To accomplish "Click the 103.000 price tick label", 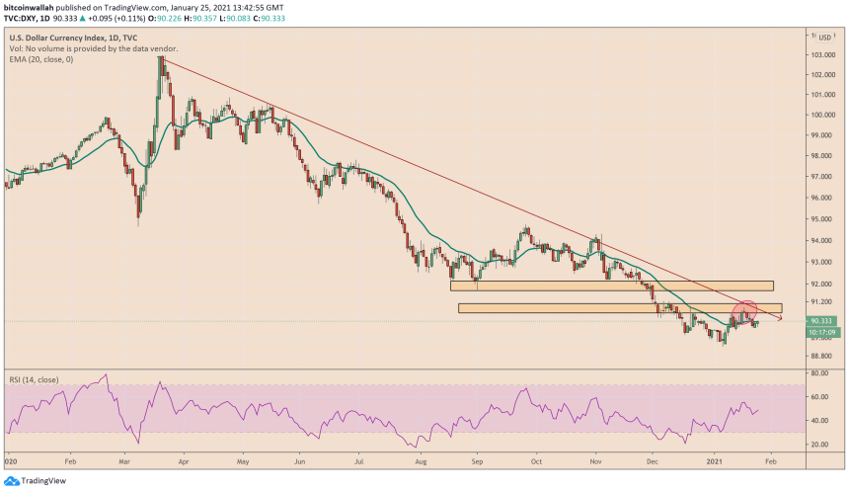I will (821, 53).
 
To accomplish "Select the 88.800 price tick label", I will (821, 356).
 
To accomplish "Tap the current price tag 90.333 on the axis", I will (821, 321).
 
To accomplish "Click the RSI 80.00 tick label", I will (819, 373).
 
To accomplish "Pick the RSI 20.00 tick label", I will (819, 445).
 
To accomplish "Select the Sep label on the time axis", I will (477, 460).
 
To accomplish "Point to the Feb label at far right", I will (771, 460).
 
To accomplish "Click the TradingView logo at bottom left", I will (34, 480).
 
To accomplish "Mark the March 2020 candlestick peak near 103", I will (161, 59).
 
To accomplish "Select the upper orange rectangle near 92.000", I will (611, 286).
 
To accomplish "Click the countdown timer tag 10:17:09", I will (821, 332).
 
